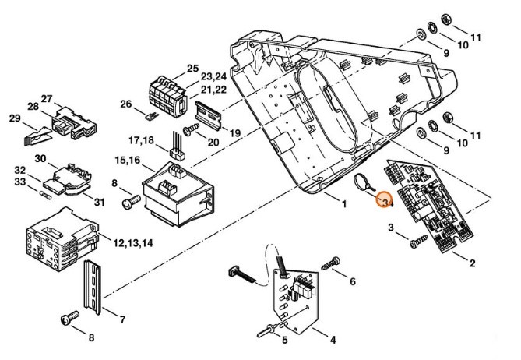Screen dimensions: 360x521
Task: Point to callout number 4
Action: (333, 340)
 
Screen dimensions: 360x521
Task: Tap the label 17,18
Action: (143, 140)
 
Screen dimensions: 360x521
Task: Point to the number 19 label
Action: (235, 134)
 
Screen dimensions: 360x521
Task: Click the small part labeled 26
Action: (150, 115)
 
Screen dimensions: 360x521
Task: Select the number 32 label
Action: (20, 169)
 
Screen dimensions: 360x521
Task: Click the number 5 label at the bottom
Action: (284, 340)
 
